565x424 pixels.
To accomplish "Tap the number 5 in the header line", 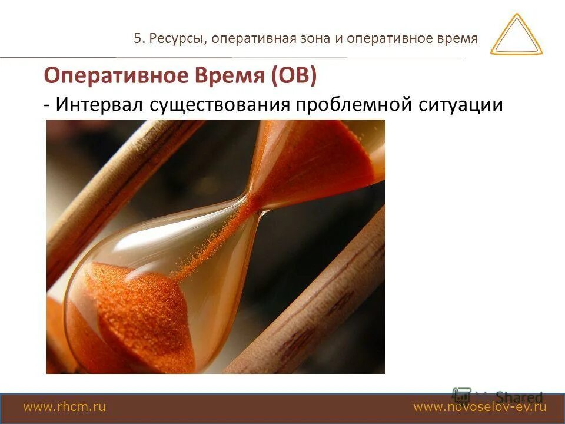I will pos(137,39).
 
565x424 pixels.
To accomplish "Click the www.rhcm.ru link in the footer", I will pos(64,407).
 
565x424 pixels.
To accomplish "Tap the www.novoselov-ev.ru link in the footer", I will pos(480,407).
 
